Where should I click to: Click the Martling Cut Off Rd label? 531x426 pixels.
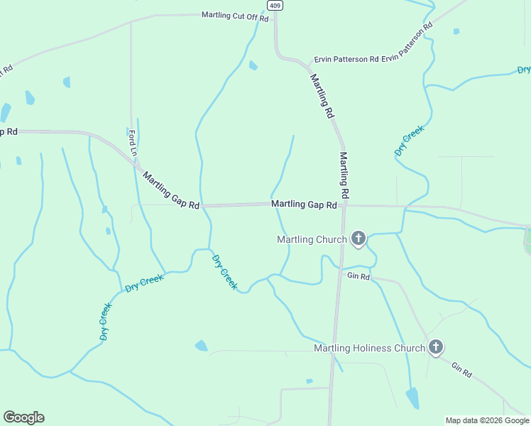(x=235, y=16)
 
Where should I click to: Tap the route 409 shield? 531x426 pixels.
(x=275, y=5)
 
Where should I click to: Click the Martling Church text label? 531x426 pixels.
(x=311, y=239)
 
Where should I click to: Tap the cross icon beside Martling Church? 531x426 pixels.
(x=358, y=239)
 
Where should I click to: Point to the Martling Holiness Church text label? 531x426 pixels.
(x=369, y=349)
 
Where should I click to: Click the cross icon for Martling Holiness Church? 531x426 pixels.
(x=436, y=348)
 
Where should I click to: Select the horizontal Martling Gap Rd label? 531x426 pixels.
(x=304, y=204)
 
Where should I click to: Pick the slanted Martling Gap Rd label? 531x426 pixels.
(x=171, y=190)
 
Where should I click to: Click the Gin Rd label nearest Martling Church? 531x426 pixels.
(x=358, y=276)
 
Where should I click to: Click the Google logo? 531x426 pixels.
(x=23, y=417)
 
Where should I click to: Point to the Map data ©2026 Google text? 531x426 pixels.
(x=487, y=420)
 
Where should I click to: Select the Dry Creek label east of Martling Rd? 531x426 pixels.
(x=410, y=141)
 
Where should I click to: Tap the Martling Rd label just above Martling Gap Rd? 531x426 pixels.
(x=344, y=175)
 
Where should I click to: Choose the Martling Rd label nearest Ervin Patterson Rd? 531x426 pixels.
(x=322, y=95)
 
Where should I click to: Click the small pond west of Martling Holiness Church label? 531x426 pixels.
(x=202, y=346)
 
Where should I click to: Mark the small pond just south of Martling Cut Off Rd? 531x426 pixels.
(x=253, y=65)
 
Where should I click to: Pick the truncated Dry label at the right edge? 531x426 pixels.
(x=524, y=70)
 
